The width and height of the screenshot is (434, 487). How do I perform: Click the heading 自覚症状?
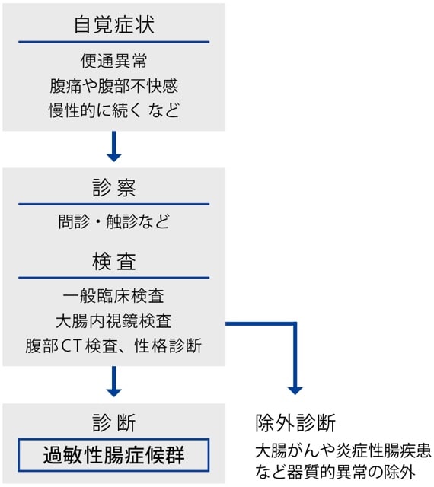pos(113,24)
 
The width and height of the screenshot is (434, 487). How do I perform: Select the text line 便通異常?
pos(113,61)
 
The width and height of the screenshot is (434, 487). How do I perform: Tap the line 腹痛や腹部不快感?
pos(113,86)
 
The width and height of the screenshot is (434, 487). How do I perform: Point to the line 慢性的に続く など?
pos(113,110)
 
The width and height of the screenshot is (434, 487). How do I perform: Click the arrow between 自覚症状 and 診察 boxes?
pos(113,146)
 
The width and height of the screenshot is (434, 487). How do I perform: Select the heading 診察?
pos(113,188)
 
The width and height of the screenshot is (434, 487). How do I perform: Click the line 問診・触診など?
pos(113,221)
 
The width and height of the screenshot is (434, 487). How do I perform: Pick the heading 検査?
pos(113,261)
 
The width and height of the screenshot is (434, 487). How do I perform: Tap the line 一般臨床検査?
pos(113,296)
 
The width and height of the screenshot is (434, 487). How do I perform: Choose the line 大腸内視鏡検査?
pos(113,321)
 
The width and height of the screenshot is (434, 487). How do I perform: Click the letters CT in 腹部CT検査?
pos(72,346)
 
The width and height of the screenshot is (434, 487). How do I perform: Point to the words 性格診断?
pos(168,345)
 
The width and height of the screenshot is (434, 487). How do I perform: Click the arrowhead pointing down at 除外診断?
pos(295,390)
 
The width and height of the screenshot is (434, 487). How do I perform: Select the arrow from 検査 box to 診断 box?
pos(113,381)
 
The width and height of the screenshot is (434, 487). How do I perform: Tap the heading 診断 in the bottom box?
pos(113,423)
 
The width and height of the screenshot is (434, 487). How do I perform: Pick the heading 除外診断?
pos(295,423)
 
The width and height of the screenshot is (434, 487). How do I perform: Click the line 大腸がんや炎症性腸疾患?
pos(343,450)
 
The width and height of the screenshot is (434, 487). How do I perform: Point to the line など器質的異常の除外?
pos(335,472)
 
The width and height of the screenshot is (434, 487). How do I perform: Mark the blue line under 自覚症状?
pos(113,42)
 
